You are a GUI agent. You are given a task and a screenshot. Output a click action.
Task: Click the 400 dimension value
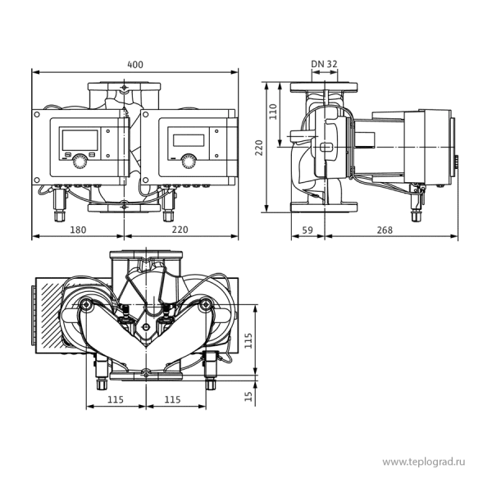pyautogui.click(x=135, y=65)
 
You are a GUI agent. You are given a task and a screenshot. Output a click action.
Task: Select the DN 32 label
pyautogui.click(x=324, y=64)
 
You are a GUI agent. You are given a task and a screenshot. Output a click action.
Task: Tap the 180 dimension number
pyautogui.click(x=78, y=230)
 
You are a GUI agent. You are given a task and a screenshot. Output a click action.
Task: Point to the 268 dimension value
pyautogui.click(x=385, y=230)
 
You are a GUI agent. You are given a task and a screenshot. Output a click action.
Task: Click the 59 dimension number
pyautogui.click(x=307, y=230)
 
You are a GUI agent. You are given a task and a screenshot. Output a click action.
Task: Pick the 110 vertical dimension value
pyautogui.click(x=273, y=112)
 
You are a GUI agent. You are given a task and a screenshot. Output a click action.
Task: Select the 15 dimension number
pyautogui.click(x=248, y=396)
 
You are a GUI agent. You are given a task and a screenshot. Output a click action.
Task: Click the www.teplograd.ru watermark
pyautogui.click(x=424, y=462)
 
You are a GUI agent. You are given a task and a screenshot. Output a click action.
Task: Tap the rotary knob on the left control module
pyautogui.click(x=80, y=162)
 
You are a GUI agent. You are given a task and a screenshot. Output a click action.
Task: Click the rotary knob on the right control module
pyautogui.click(x=189, y=162)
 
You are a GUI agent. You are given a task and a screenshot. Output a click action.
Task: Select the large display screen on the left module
pyautogui.click(x=80, y=140)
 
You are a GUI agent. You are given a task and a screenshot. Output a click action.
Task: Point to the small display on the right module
pyautogui.click(x=189, y=140)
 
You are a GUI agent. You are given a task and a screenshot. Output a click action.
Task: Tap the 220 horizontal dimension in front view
pyautogui.click(x=180, y=230)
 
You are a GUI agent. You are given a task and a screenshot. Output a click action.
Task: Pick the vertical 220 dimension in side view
pyautogui.click(x=259, y=148)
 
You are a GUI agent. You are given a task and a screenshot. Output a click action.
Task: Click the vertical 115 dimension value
pyautogui.click(x=248, y=340)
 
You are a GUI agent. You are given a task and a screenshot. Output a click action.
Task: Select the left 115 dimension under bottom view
pyautogui.click(x=116, y=399)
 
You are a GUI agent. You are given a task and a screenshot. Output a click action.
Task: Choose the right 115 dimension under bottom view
pyautogui.click(x=172, y=399)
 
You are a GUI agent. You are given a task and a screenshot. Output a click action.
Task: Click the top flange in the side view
pyautogui.click(x=324, y=87)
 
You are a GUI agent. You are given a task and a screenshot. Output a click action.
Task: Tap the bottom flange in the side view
pyautogui.click(x=324, y=207)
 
